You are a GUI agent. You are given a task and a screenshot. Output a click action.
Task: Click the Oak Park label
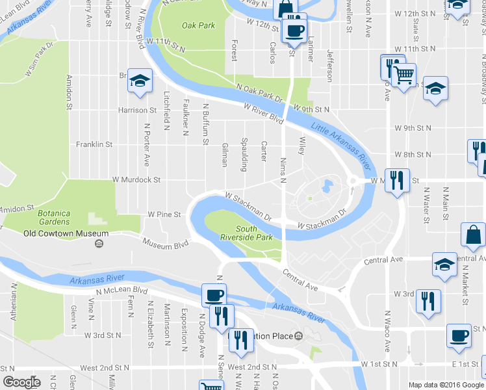[x=199, y=26]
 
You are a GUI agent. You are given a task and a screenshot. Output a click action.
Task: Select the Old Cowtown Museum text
[x=66, y=233]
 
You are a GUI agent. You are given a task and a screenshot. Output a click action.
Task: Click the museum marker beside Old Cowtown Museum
[x=99, y=244]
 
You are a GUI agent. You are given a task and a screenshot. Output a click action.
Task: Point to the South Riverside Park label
[x=255, y=233]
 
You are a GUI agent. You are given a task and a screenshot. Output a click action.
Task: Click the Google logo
[x=21, y=382]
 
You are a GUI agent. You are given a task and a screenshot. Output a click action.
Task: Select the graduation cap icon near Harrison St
[x=140, y=81]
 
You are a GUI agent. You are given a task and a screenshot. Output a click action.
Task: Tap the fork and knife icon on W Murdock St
[x=396, y=180]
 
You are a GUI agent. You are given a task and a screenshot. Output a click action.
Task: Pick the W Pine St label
[x=163, y=213]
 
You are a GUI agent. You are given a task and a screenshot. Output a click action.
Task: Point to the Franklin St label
[x=94, y=144]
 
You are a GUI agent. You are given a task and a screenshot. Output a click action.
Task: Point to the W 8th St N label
[x=413, y=155]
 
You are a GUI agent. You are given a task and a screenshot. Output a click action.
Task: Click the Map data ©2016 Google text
[x=446, y=385]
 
